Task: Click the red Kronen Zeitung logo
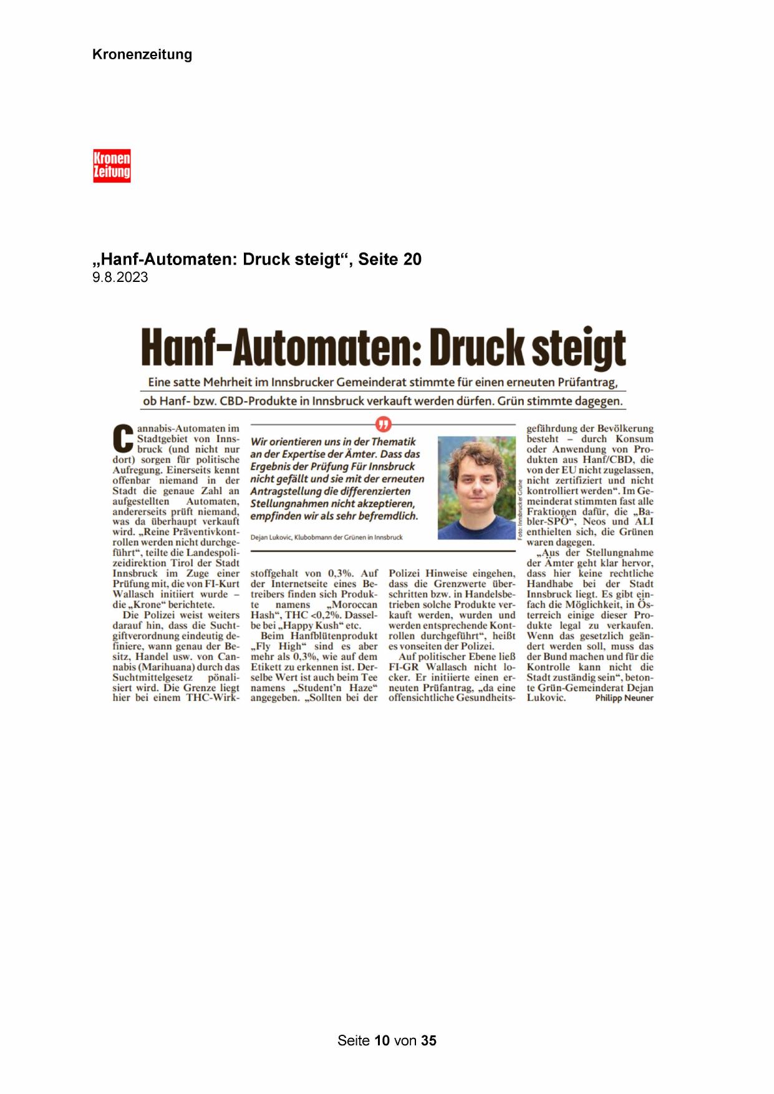[112, 165]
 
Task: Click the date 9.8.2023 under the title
[120, 278]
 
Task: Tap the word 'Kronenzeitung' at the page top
[142, 54]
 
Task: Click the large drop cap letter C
[123, 439]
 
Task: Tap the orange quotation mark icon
[383, 425]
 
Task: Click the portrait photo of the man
[476, 488]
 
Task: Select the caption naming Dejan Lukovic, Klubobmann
[326, 537]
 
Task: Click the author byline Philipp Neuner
[624, 699]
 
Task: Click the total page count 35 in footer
[428, 1040]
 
